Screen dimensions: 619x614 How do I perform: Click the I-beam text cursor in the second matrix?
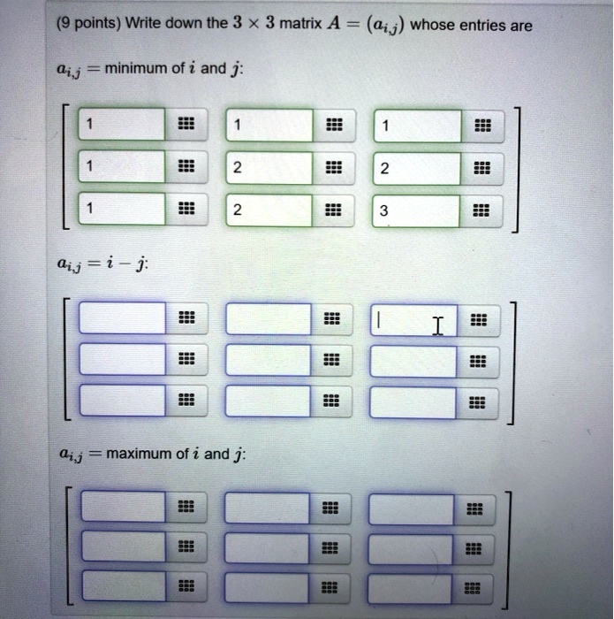click(x=436, y=326)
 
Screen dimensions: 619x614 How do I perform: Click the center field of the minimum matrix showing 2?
click(x=269, y=168)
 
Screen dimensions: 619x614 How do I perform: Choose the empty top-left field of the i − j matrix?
click(x=122, y=318)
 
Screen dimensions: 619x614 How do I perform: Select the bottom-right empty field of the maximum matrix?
click(x=411, y=586)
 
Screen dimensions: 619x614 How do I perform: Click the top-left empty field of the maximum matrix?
click(x=122, y=507)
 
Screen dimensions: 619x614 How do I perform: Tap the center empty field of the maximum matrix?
click(x=267, y=546)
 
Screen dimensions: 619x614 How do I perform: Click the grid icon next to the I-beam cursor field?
click(x=477, y=319)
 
